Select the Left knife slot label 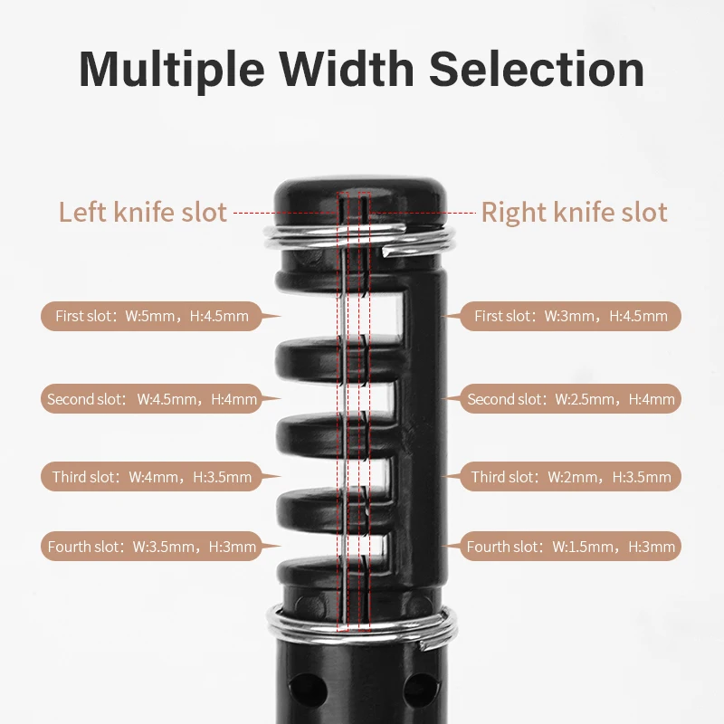142,213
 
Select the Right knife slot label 574,213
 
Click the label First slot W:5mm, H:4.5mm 151,317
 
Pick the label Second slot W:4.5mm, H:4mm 151,399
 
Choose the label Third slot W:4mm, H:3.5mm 151,477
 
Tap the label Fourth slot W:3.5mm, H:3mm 151,547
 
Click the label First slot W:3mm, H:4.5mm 571,317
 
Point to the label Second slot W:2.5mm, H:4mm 571,399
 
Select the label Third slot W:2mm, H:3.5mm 571,477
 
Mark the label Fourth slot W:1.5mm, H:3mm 571,547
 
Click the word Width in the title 358,69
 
